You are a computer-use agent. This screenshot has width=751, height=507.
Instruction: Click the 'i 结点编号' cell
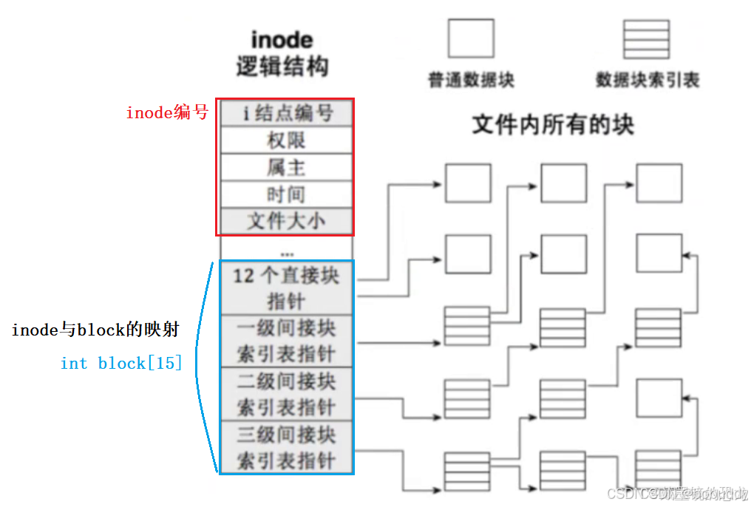point(286,112)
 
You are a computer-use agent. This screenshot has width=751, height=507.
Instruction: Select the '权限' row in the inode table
point(286,140)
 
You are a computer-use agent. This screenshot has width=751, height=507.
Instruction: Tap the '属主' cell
point(286,167)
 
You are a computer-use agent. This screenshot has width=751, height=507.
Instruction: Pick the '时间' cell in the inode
point(286,194)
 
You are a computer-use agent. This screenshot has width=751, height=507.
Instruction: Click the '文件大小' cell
point(286,221)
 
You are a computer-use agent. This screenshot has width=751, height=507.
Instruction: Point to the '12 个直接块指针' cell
point(286,288)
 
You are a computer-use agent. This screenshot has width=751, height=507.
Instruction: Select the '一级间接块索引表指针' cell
point(286,341)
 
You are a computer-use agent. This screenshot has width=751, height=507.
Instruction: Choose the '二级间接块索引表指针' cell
point(286,394)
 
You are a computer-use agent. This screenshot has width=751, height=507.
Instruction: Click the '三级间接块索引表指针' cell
point(286,447)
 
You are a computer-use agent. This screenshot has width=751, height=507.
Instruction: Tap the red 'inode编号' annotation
point(167,113)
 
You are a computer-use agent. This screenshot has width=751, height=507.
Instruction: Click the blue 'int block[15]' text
point(121,364)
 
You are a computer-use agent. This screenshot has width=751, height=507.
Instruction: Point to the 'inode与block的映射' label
point(95,330)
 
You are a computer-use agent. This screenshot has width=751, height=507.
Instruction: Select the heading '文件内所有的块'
point(552,125)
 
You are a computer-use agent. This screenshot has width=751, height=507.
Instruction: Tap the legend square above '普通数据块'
point(470,38)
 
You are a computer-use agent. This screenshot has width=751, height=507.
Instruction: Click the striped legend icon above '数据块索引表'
point(646,39)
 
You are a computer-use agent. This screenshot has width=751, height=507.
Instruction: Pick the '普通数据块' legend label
point(471,80)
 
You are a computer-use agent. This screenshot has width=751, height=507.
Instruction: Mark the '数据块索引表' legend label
point(648,80)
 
